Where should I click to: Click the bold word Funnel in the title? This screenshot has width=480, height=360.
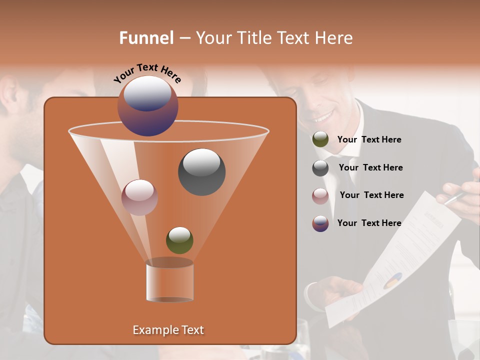[x=146, y=38]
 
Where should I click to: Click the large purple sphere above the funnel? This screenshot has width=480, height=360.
[x=148, y=106]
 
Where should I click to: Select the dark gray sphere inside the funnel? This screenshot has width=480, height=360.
[x=201, y=172]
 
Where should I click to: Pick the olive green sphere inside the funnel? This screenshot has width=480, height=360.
[x=179, y=240]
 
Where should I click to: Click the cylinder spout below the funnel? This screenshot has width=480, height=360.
[x=169, y=281]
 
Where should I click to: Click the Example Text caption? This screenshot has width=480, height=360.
[x=168, y=330]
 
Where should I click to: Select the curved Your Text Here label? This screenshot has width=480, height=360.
[x=147, y=73]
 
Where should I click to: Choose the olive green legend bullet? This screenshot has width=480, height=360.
[x=320, y=139]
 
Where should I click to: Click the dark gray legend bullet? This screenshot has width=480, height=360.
[x=320, y=168]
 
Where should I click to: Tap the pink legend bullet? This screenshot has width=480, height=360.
[x=320, y=196]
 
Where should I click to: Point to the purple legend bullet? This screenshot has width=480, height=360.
[x=320, y=223]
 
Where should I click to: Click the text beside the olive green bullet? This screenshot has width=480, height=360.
[x=369, y=139]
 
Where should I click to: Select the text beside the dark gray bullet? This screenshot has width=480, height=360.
[x=370, y=167]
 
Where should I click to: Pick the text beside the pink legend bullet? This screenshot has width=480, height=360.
[x=371, y=195]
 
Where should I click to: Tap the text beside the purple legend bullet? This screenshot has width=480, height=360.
[x=369, y=223]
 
